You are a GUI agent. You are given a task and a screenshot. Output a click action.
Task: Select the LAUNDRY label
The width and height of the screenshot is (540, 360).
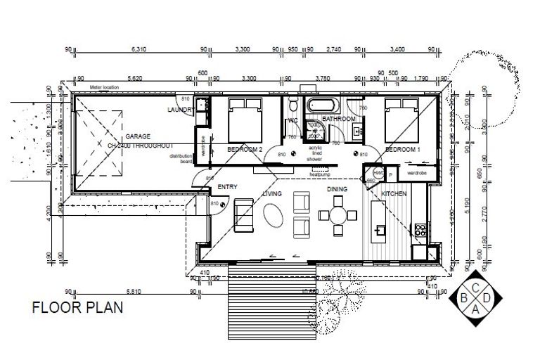(x=181, y=110)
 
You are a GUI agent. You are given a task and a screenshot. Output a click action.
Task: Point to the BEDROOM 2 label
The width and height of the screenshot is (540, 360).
(x=245, y=150)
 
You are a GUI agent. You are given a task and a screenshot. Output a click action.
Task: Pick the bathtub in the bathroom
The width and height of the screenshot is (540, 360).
(x=323, y=107)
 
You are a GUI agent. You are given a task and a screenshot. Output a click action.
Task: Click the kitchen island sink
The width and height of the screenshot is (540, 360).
(x=382, y=229)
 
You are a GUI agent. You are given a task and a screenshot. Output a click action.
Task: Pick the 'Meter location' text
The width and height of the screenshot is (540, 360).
(x=105, y=87)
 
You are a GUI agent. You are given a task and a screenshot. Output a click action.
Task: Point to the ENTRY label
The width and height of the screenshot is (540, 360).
(x=227, y=187)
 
